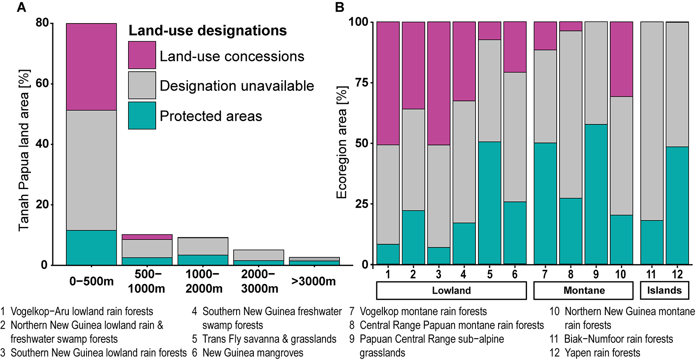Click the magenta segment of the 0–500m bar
pyautogui.click(x=91, y=67)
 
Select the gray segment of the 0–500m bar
pyautogui.click(x=91, y=170)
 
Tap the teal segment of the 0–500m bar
pyautogui.click(x=91, y=247)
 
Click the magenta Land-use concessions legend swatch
pyautogui.click(x=142, y=55)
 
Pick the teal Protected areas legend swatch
pyautogui.click(x=142, y=116)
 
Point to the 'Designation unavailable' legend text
pyautogui.click(x=237, y=86)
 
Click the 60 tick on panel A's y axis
pyautogui.click(x=42, y=84)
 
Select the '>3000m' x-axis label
pyautogui.click(x=313, y=281)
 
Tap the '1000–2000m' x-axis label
pyautogui.click(x=204, y=281)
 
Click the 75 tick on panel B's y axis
pyautogui.click(x=361, y=82)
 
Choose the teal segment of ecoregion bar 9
pyautogui.click(x=596, y=194)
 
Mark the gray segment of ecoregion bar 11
pyautogui.click(x=651, y=121)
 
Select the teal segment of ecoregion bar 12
pyautogui.click(x=677, y=205)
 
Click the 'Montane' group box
pyautogui.click(x=583, y=290)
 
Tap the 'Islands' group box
pyautogui.click(x=664, y=290)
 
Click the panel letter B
pyautogui.click(x=340, y=7)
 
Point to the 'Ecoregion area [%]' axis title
pyautogui.click(x=342, y=143)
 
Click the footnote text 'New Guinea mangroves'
pyautogui.click(x=253, y=353)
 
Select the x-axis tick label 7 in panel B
pyautogui.click(x=545, y=274)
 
